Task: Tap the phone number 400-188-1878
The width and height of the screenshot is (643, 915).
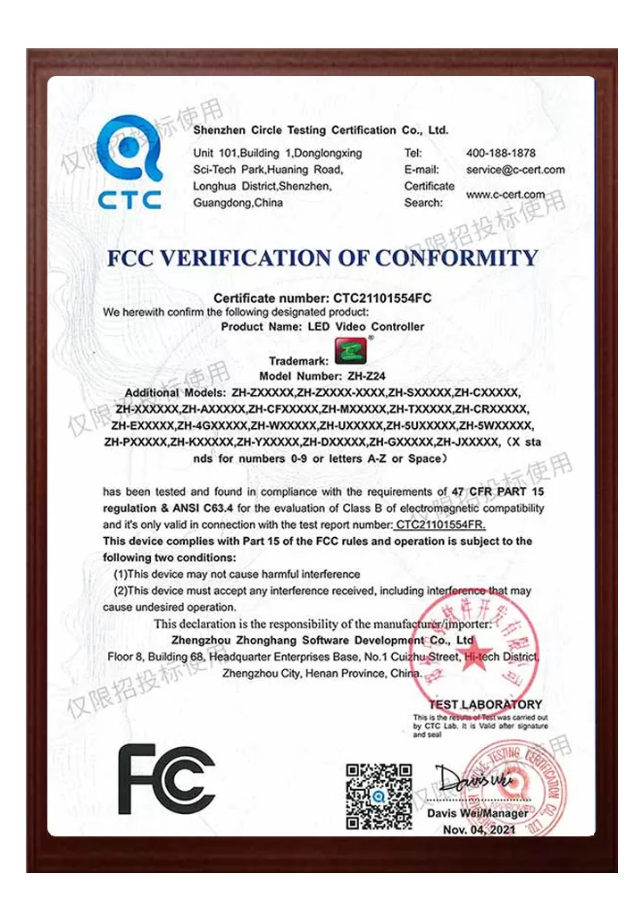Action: click(x=501, y=153)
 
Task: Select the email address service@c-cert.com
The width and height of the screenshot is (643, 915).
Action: click(x=515, y=170)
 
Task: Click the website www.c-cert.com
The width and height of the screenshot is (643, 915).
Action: click(x=505, y=195)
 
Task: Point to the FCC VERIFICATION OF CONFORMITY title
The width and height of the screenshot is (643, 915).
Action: click(x=322, y=258)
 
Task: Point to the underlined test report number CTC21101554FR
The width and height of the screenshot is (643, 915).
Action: click(x=440, y=525)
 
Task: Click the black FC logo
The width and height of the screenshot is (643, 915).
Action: click(x=167, y=779)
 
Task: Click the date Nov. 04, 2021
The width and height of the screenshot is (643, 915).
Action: click(x=479, y=829)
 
